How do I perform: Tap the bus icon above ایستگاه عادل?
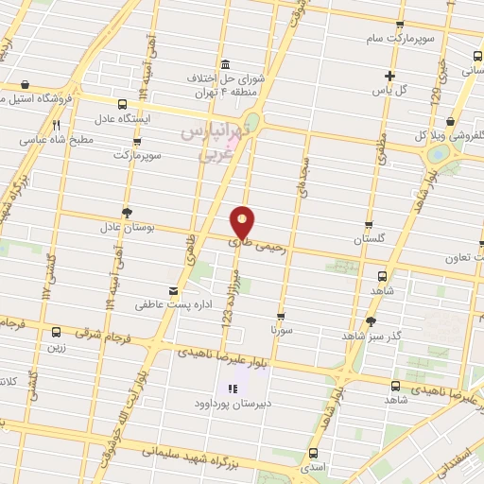tap(122, 104)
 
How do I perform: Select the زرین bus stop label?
tap(57, 347)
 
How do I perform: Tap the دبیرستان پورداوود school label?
tap(233, 403)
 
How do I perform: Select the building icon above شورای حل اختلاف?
tap(225, 64)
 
